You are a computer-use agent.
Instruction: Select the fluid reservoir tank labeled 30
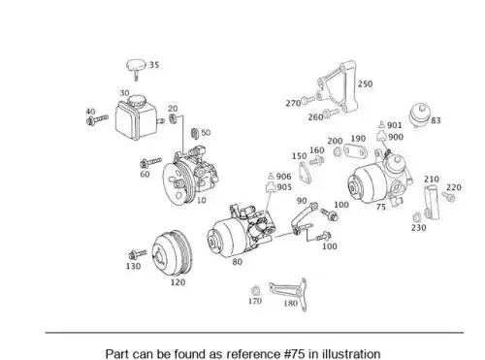pos(137,117)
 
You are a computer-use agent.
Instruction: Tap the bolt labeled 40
pos(97,119)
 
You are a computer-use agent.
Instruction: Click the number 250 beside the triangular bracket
pos(365,83)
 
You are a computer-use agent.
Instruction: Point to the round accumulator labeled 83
pos(420,115)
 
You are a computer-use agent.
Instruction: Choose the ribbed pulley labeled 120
pos(173,253)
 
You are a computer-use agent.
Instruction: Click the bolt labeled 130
pos(138,254)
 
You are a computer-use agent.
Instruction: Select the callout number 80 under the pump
pos(237,262)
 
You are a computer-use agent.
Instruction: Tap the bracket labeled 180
pos(289,293)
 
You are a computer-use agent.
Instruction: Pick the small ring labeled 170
pos(255,290)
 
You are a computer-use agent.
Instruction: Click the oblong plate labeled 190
pos(355,151)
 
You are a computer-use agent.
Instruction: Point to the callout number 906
pos(283,177)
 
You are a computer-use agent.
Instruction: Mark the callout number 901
pos(395,125)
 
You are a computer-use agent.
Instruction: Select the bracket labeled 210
pos(432,202)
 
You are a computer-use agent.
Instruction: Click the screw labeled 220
pos(449,197)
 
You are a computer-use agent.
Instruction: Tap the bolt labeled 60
pos(150,163)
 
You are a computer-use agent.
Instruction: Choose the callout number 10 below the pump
pos(201,200)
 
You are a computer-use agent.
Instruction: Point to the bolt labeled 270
pos(307,100)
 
